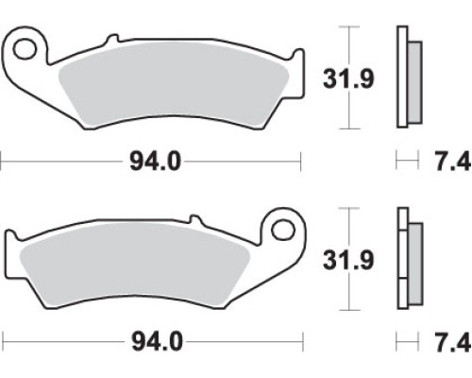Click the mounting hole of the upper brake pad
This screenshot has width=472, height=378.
(24, 49)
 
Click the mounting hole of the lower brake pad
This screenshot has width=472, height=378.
(283, 230)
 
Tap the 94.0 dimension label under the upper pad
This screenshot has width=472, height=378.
(155, 162)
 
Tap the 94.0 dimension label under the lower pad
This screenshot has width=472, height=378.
(157, 342)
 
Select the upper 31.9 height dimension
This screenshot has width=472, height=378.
(348, 78)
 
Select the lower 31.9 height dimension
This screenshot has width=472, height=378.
(348, 260)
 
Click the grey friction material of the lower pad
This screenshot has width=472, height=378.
(135, 265)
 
